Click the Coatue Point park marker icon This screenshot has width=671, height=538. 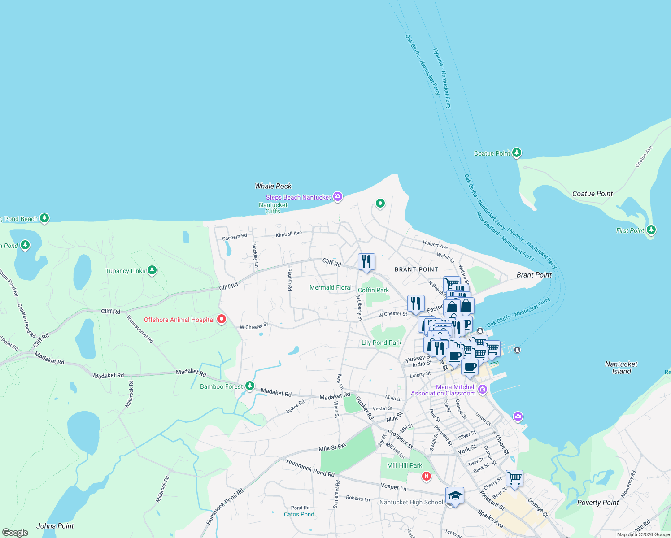pos(517,153)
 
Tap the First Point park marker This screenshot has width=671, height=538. pos(651,230)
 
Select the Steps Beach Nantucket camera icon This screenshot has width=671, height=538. pos(338,196)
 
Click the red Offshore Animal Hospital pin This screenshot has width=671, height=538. pos(222,319)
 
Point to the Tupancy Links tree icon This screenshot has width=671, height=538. pos(152,270)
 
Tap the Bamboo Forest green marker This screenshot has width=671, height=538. pos(250,386)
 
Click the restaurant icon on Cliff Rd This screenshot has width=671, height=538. pos(366,261)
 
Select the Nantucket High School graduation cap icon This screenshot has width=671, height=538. pos(455,495)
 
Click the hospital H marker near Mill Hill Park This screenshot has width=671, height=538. pos(427,477)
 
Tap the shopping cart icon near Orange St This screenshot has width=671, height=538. pos(514,478)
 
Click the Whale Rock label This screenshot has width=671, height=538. pos(273,186)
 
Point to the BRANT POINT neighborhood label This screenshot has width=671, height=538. pos(416,269)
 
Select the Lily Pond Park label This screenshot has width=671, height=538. pos(381,343)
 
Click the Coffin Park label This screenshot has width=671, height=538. pos(373,290)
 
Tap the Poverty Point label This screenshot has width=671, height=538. pos(597,503)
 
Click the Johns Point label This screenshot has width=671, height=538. pos(55,526)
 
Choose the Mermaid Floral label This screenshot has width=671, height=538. pos(331,287)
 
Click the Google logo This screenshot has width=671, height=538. pos(15,533)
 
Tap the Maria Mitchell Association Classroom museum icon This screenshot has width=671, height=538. pos(483,389)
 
